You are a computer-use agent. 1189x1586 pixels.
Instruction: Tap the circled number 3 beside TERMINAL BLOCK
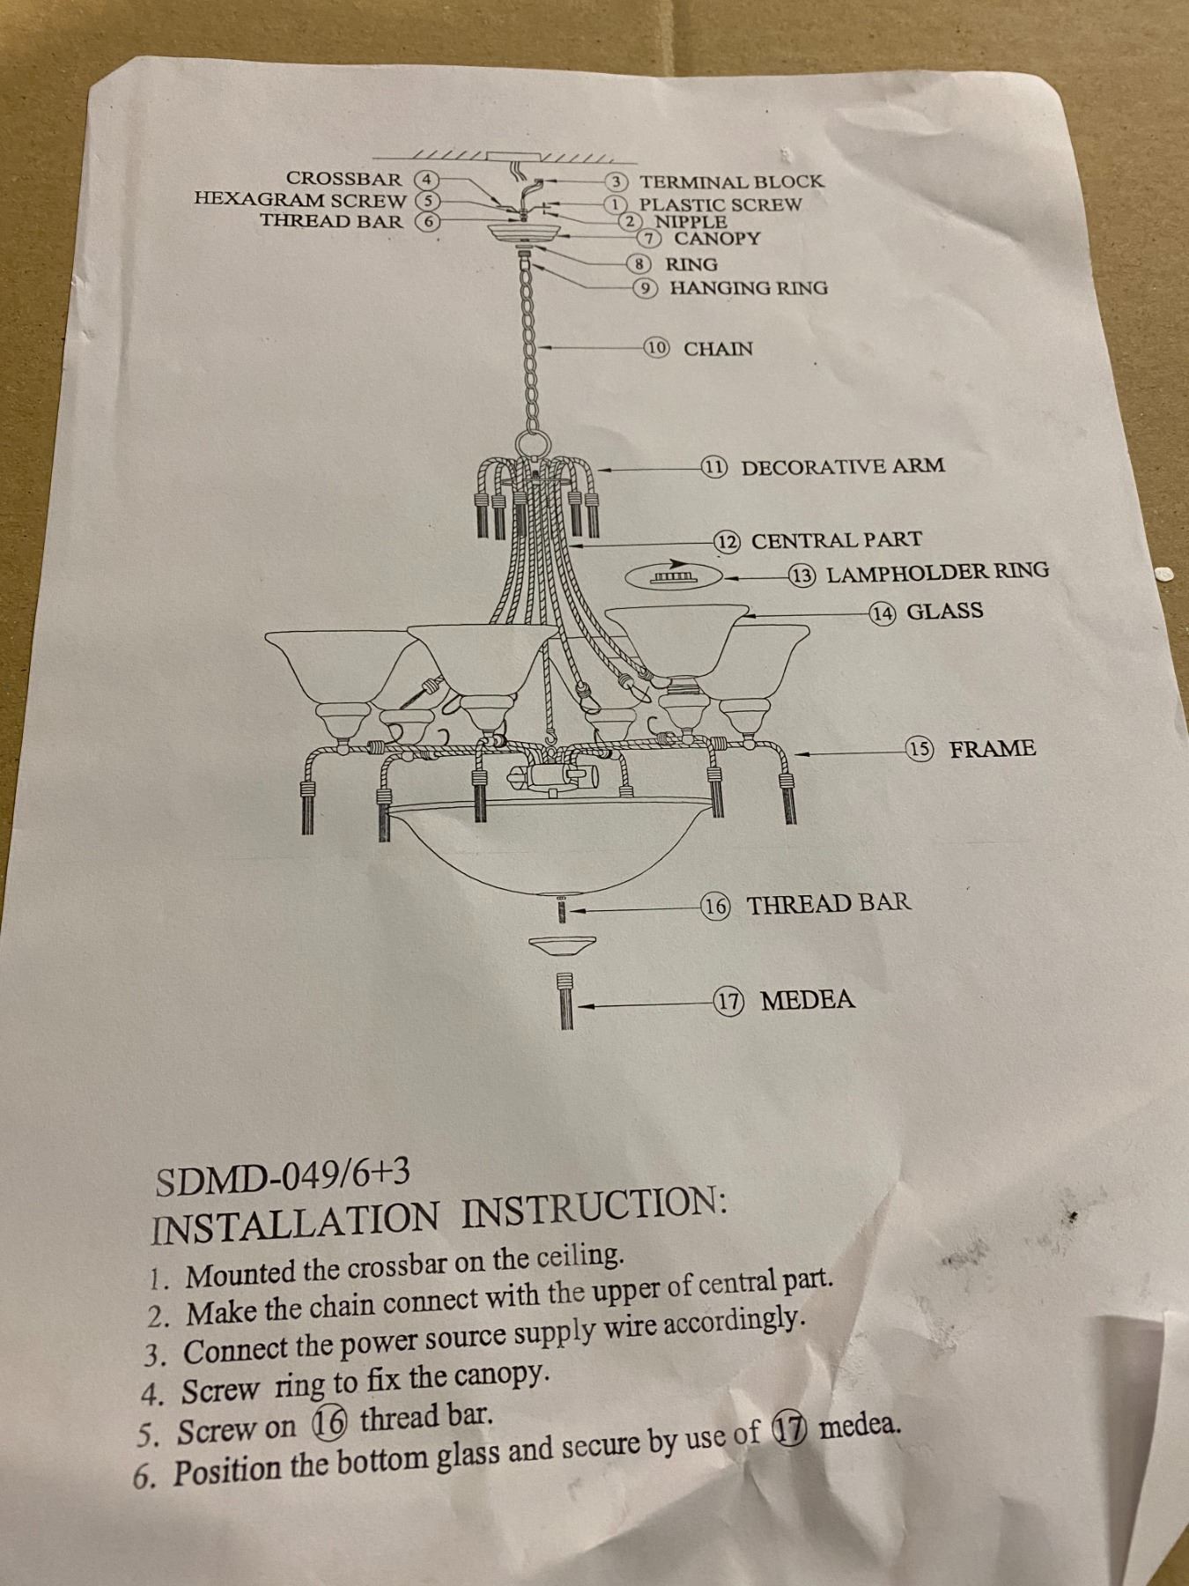620,182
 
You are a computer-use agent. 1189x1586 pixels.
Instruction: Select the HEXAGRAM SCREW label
300,200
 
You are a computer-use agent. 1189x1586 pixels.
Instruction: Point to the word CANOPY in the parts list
717,238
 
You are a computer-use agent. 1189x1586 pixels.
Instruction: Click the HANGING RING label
749,287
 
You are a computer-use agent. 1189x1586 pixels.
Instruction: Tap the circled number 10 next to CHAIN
657,347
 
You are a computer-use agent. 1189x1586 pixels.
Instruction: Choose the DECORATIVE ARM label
843,466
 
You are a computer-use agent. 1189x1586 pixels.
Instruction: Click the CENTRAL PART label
836,540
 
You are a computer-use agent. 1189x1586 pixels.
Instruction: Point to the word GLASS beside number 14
944,611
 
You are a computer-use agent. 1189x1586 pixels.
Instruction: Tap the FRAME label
992,749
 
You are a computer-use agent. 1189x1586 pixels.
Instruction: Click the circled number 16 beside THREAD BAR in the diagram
717,905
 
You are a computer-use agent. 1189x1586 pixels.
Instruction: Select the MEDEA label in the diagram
808,1000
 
